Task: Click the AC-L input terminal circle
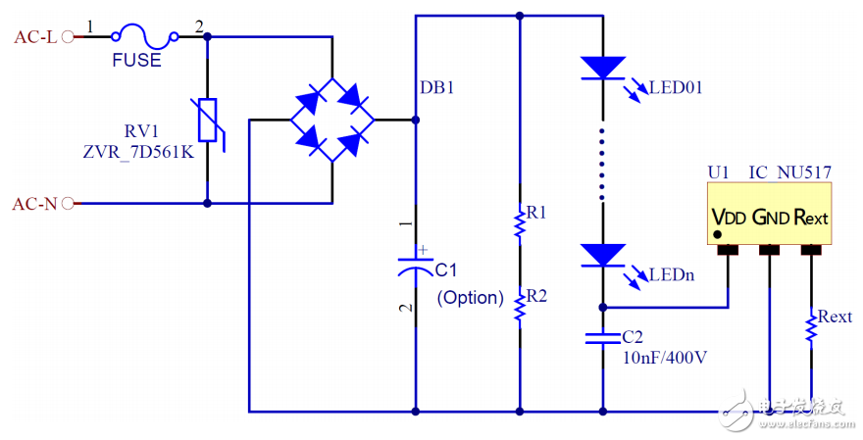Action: click(68, 37)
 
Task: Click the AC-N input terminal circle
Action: click(68, 204)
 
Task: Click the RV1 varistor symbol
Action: click(208, 122)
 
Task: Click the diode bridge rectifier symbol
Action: click(332, 121)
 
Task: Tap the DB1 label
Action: click(437, 88)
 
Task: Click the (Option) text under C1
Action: click(470, 297)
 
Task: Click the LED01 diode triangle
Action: click(602, 68)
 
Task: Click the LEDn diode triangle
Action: click(602, 255)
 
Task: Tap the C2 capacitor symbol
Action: click(602, 338)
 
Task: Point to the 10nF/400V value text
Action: click(664, 358)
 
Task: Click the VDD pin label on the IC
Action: click(727, 217)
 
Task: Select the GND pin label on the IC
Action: click(770, 217)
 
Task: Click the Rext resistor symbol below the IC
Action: click(811, 325)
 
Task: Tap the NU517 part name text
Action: click(804, 172)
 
